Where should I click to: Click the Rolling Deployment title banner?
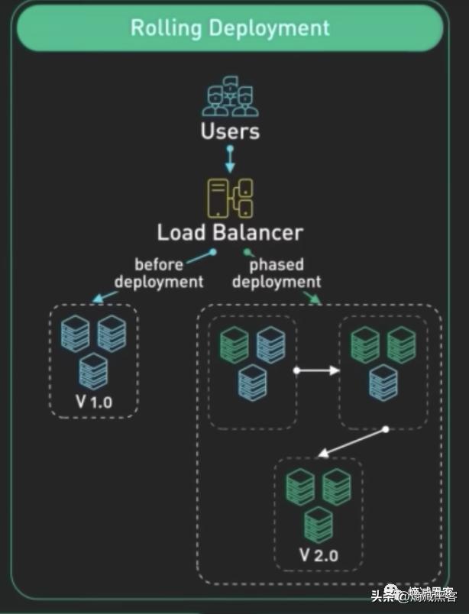[230, 28]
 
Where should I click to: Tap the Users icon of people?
[230, 95]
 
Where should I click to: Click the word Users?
[230, 131]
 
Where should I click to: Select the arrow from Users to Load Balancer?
[230, 158]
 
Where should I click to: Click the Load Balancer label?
[230, 232]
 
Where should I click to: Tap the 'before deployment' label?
[159, 273]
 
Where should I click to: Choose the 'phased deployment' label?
[277, 273]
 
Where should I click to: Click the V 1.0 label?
[94, 402]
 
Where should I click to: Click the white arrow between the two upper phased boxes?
[318, 370]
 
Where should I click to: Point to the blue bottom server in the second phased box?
[383, 382]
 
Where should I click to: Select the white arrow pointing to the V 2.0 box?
[352, 442]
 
